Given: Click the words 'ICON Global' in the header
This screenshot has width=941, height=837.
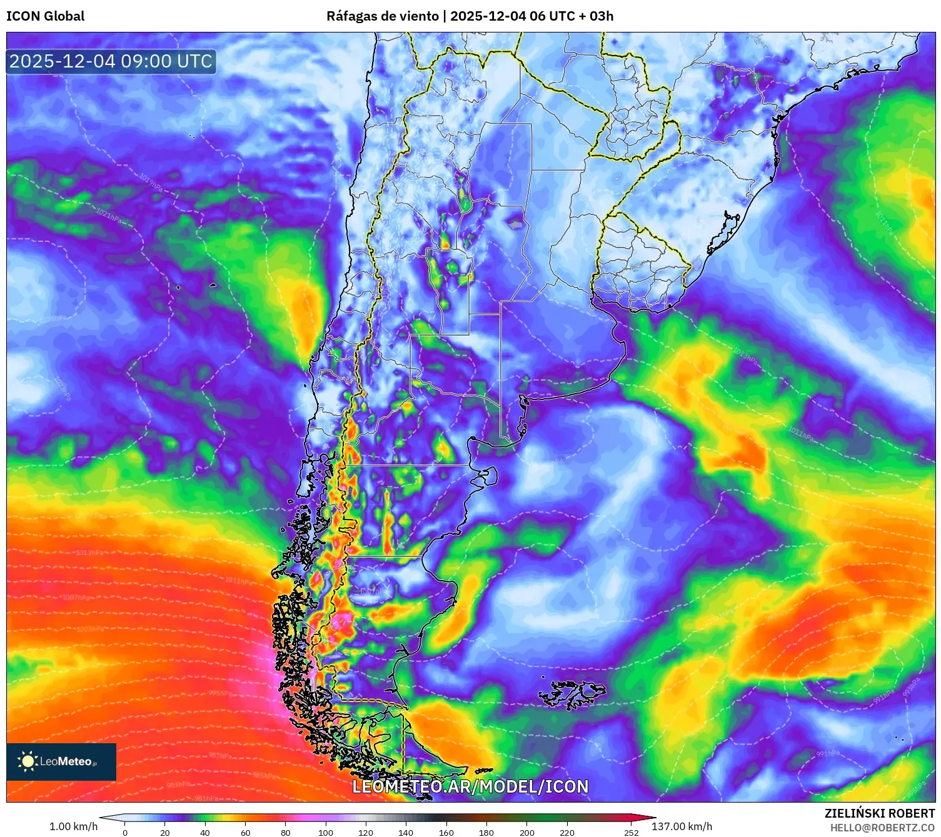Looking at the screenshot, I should [45, 16].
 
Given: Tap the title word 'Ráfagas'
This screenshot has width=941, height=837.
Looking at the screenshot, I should [351, 16].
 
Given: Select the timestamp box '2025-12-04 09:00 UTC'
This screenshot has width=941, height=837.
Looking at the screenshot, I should [111, 61].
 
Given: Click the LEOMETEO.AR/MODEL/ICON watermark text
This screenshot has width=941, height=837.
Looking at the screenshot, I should [470, 786].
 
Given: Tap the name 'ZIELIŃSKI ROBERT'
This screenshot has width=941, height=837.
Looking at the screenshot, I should [880, 813].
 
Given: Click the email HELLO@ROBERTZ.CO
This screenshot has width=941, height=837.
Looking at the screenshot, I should [882, 828].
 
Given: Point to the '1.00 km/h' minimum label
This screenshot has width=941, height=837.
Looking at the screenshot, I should [73, 826].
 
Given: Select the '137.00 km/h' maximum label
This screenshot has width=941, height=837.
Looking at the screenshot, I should [682, 826].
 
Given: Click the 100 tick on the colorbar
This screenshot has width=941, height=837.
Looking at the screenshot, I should [326, 833].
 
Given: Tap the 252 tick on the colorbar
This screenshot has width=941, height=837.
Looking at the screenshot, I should [632, 833].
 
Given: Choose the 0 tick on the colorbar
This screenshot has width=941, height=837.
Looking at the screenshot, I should [125, 833].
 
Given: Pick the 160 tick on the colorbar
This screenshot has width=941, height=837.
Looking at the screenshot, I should [446, 833].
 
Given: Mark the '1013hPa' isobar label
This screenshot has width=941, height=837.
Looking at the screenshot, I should [89, 553].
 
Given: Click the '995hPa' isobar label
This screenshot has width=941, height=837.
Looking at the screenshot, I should [220, 693].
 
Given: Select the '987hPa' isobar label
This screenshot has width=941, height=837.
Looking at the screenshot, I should [220, 756].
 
